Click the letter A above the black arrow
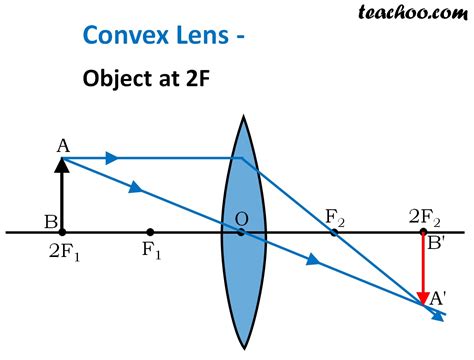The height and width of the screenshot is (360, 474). tap(63, 145)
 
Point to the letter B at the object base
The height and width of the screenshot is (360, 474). tap(49, 221)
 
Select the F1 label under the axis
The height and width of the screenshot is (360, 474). tap(151, 250)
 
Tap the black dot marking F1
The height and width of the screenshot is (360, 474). tap(150, 232)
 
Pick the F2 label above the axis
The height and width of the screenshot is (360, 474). tap(335, 216)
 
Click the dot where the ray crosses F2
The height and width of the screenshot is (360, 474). tap(334, 232)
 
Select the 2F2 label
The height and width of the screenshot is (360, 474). tap(423, 216)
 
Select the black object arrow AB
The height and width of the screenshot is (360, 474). tap(63, 195)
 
